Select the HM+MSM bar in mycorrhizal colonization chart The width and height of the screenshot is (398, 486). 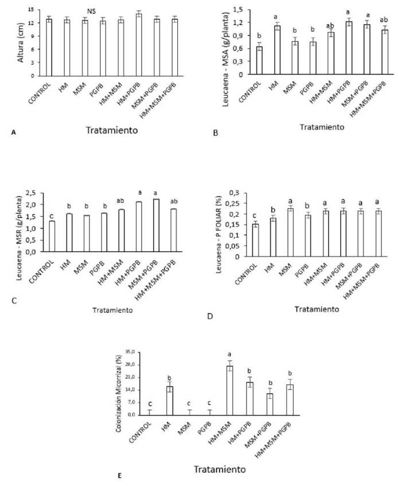click(x=229, y=390)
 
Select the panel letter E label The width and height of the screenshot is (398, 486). click(x=119, y=475)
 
